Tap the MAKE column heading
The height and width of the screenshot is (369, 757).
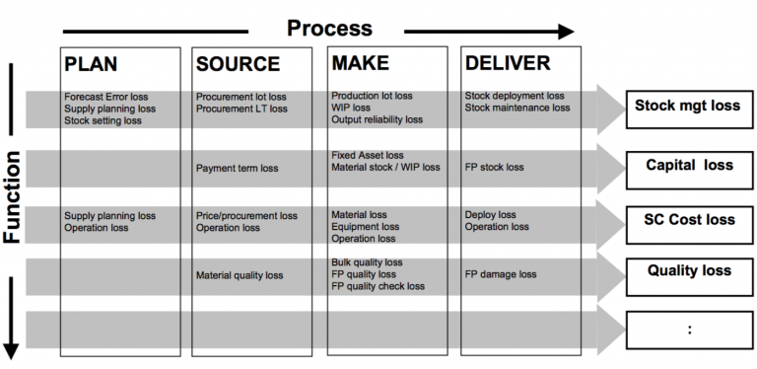(361, 64)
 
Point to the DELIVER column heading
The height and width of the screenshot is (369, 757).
(507, 64)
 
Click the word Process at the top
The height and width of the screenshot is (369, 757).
(329, 28)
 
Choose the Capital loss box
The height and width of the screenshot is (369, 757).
(687, 165)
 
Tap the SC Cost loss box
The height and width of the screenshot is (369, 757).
(687, 220)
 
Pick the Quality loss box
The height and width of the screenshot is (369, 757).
(687, 270)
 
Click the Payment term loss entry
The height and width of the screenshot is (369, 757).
(237, 168)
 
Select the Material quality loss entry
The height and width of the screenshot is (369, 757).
(240, 275)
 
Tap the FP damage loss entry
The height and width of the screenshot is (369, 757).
(501, 275)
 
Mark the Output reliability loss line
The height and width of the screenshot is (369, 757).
(377, 120)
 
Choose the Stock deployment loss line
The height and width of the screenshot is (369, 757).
(515, 97)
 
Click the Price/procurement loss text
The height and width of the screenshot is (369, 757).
(246, 215)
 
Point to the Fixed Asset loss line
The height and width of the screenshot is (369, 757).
(367, 156)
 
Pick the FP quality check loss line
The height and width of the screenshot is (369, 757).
(378, 287)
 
